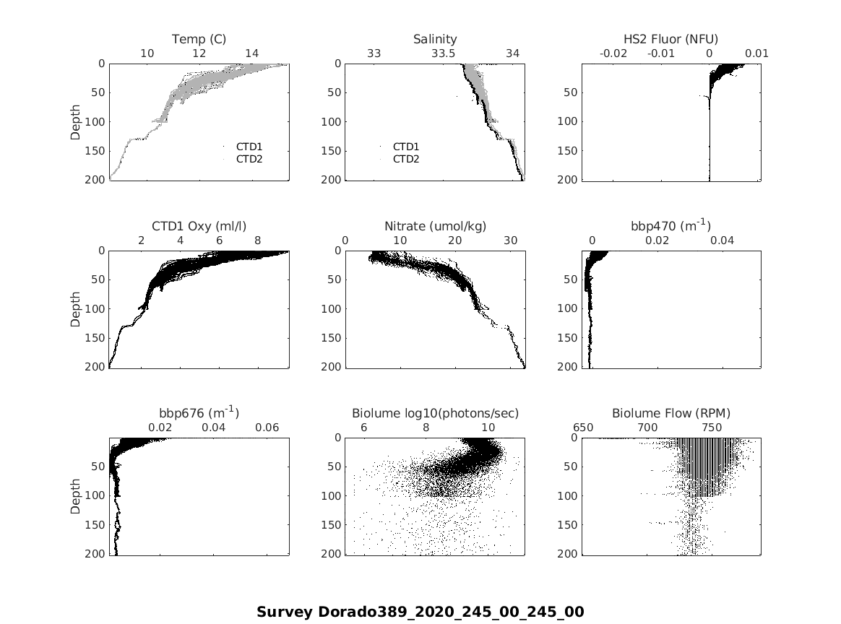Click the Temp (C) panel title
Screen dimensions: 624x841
point(199,39)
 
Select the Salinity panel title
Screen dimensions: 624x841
point(435,39)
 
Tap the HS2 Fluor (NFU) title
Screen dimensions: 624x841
point(670,39)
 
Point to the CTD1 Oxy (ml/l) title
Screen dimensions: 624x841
point(199,226)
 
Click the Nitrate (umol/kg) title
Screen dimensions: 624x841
point(435,226)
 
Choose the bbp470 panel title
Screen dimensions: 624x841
point(670,225)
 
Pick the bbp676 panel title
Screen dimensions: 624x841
point(199,412)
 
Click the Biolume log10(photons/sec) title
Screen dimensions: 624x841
point(435,414)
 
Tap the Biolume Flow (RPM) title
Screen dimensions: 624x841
point(670,414)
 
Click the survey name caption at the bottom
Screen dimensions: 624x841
point(420,612)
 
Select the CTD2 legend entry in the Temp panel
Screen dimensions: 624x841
point(249,159)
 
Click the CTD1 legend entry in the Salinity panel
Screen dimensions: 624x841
point(406,147)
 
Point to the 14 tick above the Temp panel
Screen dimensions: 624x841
point(251,53)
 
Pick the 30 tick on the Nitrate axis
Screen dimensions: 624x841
point(510,240)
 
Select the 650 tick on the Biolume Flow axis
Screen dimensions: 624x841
point(583,428)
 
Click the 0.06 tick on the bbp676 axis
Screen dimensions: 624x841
point(267,428)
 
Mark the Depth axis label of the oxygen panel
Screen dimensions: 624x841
point(76,309)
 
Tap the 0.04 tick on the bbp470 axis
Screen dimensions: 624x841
point(722,240)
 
